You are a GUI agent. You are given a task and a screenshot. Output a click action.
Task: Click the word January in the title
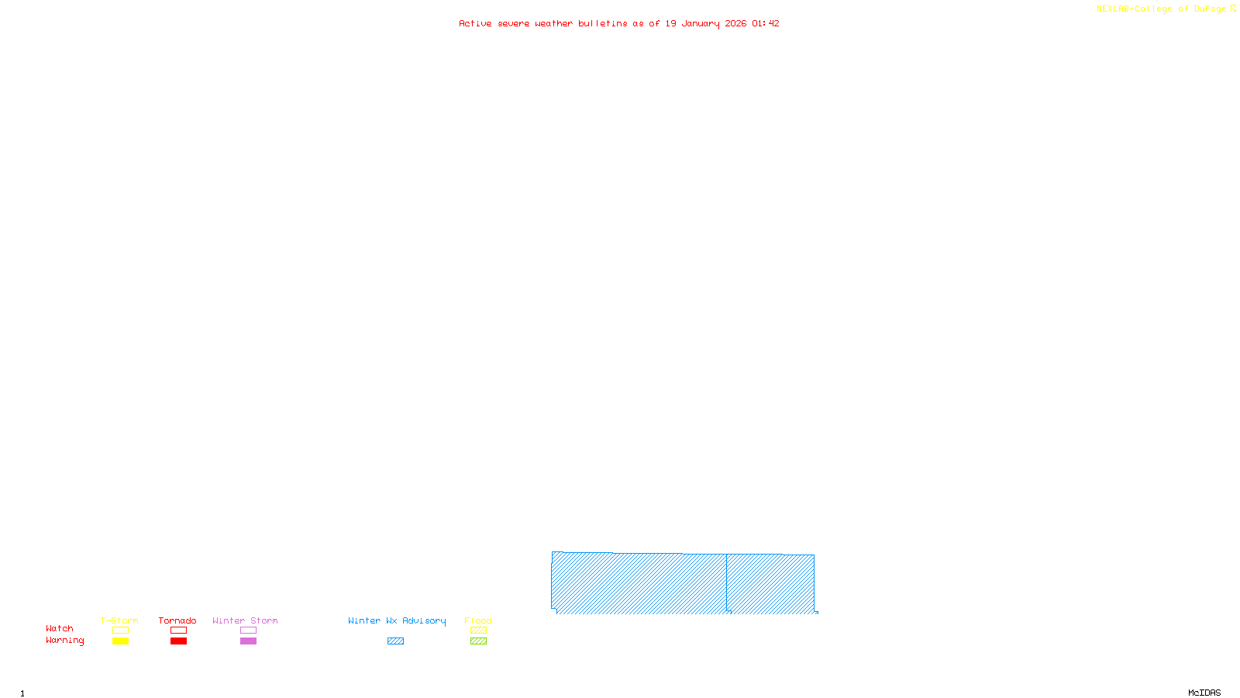coord(701,24)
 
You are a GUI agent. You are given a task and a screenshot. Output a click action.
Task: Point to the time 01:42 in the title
coord(765,24)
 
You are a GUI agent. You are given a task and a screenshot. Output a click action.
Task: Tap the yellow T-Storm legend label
coord(119,620)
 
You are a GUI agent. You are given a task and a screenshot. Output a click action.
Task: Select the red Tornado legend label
coord(177,620)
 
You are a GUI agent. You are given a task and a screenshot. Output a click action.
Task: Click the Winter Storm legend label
coord(245,620)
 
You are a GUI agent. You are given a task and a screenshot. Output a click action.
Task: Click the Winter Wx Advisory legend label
coord(397,620)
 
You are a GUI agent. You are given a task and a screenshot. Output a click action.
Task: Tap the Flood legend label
coord(478,620)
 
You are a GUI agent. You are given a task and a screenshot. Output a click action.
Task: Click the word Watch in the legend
coord(60,629)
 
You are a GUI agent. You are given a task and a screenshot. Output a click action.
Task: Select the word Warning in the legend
coord(64,641)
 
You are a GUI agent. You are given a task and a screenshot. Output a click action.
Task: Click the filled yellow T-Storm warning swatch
coord(120,641)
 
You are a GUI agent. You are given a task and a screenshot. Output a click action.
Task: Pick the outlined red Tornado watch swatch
coord(179,631)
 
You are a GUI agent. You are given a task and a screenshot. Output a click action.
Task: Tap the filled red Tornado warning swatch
coord(179,641)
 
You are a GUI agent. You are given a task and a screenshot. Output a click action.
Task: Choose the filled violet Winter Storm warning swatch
coord(248,641)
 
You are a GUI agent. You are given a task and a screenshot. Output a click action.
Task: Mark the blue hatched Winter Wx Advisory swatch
coord(395,641)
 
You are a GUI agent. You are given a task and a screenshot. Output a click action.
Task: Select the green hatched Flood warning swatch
coord(478,641)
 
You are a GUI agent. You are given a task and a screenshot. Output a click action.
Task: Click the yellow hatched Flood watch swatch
coord(478,631)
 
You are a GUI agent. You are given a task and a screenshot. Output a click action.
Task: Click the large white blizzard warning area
coord(1112,584)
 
